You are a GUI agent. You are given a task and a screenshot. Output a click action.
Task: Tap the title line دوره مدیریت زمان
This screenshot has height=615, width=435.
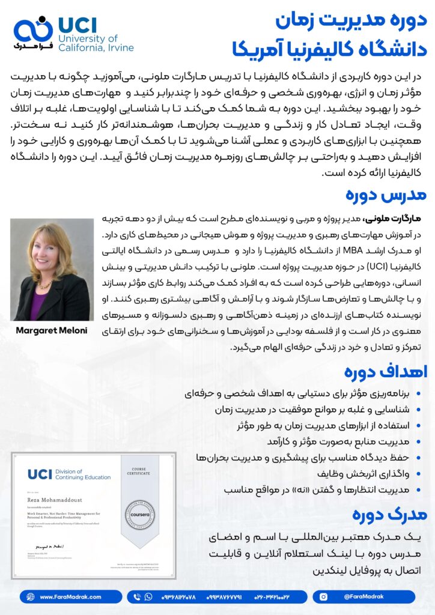coord(351,20)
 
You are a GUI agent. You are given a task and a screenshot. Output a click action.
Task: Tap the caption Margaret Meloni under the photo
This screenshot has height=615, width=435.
coord(52,330)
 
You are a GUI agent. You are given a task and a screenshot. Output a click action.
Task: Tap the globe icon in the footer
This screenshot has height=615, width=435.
coord(31,596)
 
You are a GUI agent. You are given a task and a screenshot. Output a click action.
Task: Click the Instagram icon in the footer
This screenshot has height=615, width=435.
coord(324,596)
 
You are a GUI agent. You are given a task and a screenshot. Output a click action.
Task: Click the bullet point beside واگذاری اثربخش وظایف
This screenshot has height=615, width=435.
coord(419,474)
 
